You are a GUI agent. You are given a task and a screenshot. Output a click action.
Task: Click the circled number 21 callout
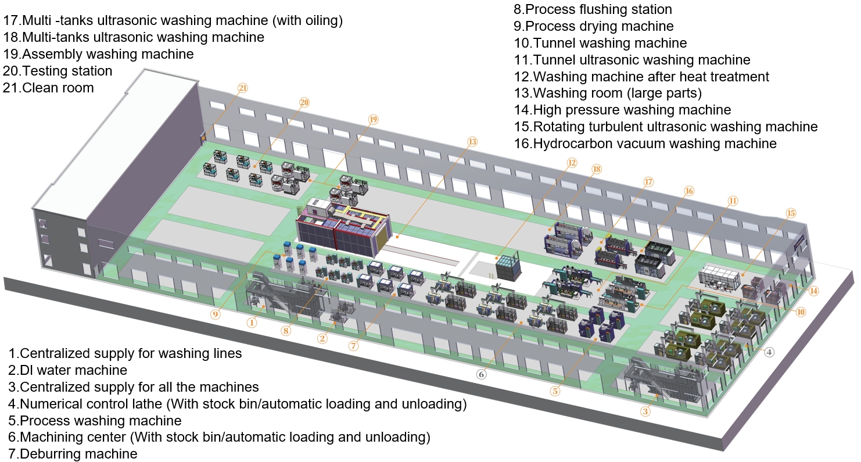coord(243,88)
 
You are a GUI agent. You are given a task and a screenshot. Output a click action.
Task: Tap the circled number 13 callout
coord(472,141)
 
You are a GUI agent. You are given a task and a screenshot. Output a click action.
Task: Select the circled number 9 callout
coord(216,314)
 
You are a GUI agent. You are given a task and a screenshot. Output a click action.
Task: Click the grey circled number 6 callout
coord(481,374)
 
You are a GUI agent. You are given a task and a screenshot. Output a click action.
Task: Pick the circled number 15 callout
coord(790,213)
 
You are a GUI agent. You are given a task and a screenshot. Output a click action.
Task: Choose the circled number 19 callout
coord(373,119)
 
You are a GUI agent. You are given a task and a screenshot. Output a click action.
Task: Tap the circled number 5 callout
coord(555,391)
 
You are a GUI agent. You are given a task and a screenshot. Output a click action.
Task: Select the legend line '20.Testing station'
coord(58,71)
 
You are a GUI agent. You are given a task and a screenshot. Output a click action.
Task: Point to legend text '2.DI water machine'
coord(68,370)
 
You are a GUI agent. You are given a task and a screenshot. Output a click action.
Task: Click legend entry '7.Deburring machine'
coord(73,454)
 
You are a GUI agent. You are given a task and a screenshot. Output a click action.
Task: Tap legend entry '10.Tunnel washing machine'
coord(600,43)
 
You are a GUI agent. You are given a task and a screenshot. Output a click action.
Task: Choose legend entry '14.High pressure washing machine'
coord(622,110)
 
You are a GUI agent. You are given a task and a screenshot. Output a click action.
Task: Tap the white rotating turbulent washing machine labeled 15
coord(722,276)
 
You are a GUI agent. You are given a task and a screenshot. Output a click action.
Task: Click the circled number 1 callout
coord(252,321)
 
